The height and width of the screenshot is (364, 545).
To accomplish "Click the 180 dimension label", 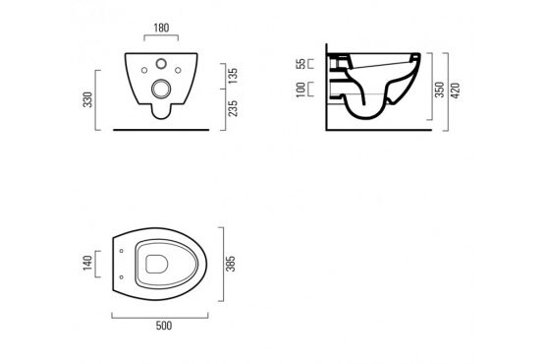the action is [x=161, y=28].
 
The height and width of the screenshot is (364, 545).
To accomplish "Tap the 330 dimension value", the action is [x=88, y=99].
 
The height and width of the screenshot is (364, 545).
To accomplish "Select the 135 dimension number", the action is [x=233, y=76].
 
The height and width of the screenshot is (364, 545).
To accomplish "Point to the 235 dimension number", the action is [x=233, y=108].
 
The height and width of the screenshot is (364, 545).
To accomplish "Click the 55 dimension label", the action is [x=301, y=64].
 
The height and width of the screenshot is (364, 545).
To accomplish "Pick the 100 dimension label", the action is [x=301, y=90].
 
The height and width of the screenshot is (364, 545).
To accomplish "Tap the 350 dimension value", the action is [x=440, y=90].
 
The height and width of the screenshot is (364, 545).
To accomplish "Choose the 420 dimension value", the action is [x=456, y=91].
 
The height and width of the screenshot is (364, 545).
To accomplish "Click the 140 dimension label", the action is [x=87, y=263].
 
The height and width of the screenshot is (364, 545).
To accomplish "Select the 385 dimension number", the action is [x=231, y=264].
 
